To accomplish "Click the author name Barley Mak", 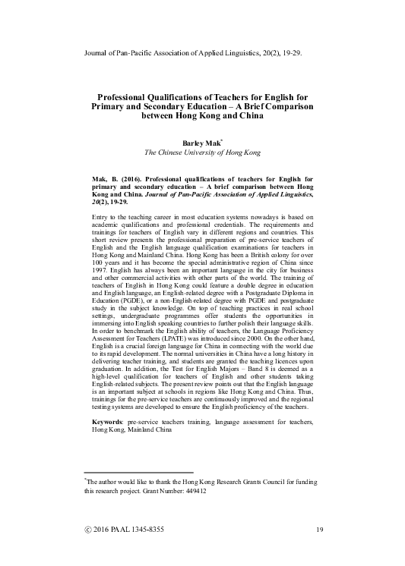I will coord(201,142).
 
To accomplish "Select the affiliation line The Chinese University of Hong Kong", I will coord(202,152).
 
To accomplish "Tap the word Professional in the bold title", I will coord(128,98).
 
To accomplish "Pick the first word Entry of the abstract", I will coord(100,217).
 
